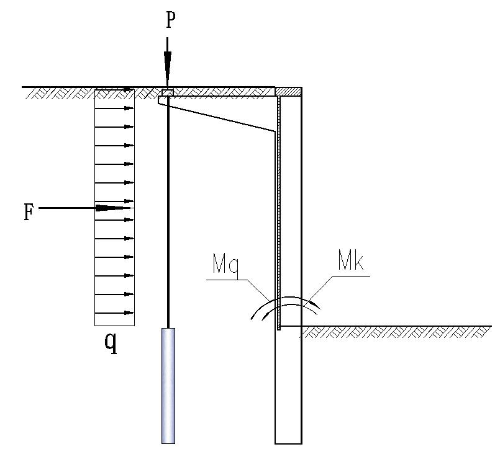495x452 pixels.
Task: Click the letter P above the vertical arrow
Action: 170,21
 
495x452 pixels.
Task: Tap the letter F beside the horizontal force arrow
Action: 29,212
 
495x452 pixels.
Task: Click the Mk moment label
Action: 351,260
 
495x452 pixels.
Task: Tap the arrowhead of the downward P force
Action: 167,69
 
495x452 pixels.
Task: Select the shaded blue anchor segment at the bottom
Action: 168,386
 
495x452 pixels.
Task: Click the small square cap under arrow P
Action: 168,92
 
